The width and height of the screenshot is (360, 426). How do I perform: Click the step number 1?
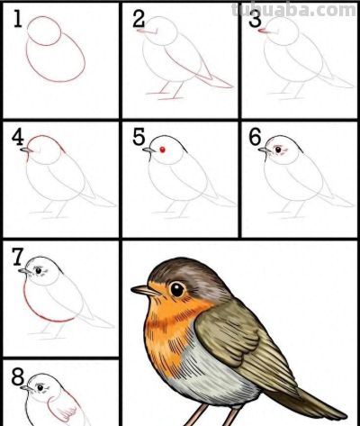coord(18,18)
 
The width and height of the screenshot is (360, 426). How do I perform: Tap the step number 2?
coord(139,19)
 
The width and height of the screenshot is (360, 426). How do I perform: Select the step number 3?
coord(256,20)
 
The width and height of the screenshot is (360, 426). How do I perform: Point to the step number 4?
coord(18,137)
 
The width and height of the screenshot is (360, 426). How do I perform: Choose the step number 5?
coord(139,137)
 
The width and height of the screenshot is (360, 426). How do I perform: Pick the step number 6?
coord(256,137)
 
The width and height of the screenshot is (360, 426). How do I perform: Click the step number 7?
coord(18,257)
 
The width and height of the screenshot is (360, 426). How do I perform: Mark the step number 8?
coord(18,376)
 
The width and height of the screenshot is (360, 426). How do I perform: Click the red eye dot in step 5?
coord(163,150)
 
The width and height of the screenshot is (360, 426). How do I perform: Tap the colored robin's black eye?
coord(177,289)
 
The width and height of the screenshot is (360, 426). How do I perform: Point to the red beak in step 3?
coord(263,31)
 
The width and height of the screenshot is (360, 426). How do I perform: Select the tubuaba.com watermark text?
coord(294,10)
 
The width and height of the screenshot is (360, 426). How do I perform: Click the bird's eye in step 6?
coord(279,149)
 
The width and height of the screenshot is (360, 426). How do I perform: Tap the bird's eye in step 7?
coord(39,270)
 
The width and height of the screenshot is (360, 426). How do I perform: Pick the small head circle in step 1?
coord(44,31)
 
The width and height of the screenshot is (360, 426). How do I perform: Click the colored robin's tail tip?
coord(345,416)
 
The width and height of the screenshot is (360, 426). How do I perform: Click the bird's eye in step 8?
coord(40,387)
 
